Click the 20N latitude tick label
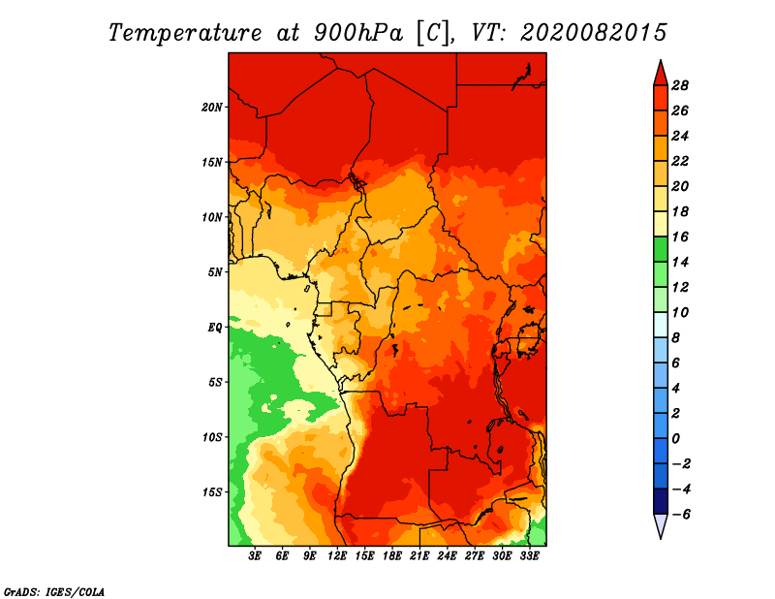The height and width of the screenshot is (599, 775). pos(212,107)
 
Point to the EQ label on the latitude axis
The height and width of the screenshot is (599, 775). pos(214,327)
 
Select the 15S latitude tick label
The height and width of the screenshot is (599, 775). pos(212,492)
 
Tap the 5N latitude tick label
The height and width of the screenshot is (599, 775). pos(215,272)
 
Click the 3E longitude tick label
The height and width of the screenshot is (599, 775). pos(256,556)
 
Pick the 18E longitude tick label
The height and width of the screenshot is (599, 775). pos(393,556)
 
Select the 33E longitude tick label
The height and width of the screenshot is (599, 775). pos(530,556)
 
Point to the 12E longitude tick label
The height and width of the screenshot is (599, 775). pos(338,556)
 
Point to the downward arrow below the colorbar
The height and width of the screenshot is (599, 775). pos(660,526)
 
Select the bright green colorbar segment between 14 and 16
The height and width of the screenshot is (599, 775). pos(660,249)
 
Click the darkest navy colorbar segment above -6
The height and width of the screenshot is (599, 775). pos(660,501)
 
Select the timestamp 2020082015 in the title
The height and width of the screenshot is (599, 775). pos(593,32)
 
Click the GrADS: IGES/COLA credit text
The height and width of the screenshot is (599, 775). pos(54,590)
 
